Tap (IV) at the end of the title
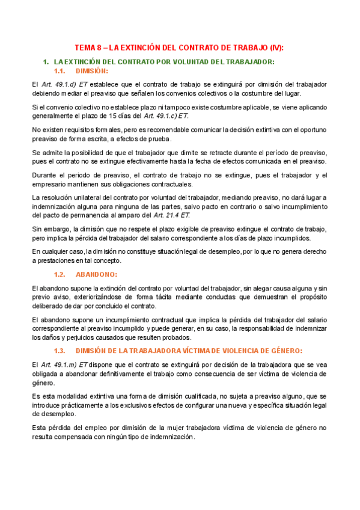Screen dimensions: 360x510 point(277,48)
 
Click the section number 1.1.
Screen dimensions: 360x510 point(63,70)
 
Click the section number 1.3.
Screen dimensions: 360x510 point(63,350)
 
